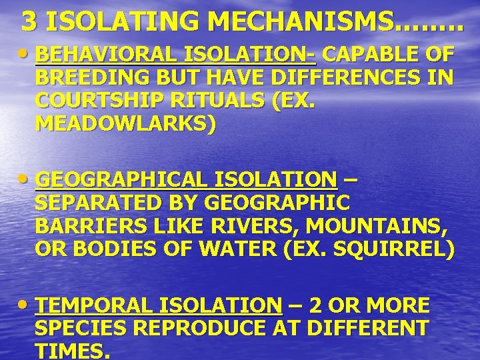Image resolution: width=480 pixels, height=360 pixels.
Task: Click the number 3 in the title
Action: click(x=29, y=22)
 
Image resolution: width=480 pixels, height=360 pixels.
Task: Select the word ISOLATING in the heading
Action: click(x=127, y=22)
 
